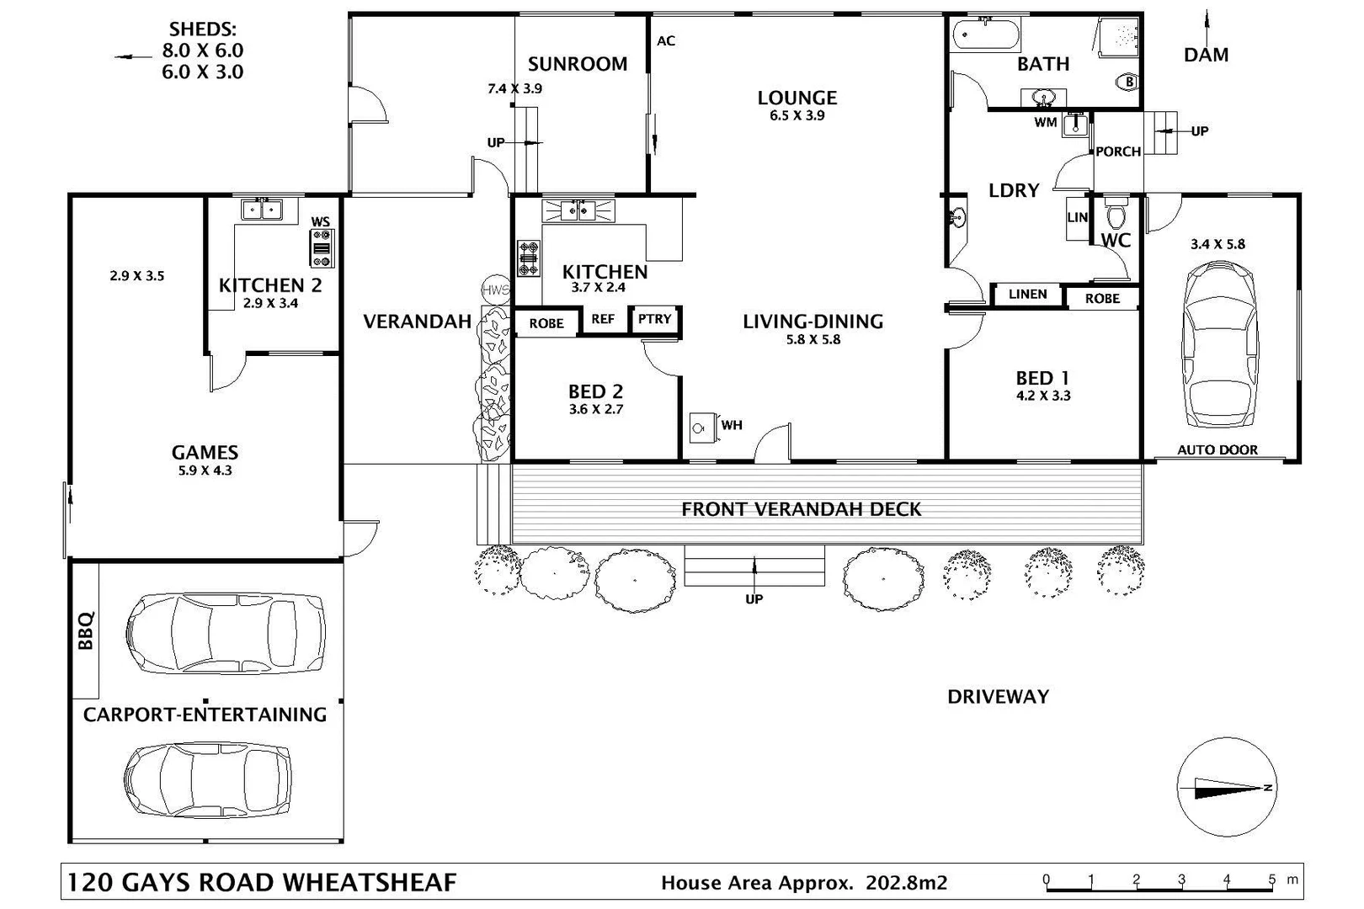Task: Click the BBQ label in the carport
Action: click(x=86, y=630)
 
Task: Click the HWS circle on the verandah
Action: click(x=496, y=290)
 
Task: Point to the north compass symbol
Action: click(x=1227, y=787)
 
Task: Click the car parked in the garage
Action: click(x=1220, y=344)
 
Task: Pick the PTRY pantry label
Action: click(x=654, y=319)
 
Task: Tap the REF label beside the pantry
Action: click(x=603, y=319)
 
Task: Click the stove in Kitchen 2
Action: click(x=322, y=248)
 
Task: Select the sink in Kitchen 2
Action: click(x=263, y=210)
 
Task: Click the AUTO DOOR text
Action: click(x=1217, y=450)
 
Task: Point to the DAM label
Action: click(x=1206, y=56)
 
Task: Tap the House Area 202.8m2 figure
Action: click(x=906, y=883)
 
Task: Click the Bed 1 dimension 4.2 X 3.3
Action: click(x=1043, y=396)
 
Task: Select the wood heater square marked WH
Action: click(x=701, y=428)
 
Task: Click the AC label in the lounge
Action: click(x=666, y=40)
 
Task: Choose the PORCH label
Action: click(x=1118, y=151)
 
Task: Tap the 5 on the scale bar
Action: click(x=1271, y=880)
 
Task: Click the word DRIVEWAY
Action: click(x=998, y=697)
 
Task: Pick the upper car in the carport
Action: click(x=226, y=633)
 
